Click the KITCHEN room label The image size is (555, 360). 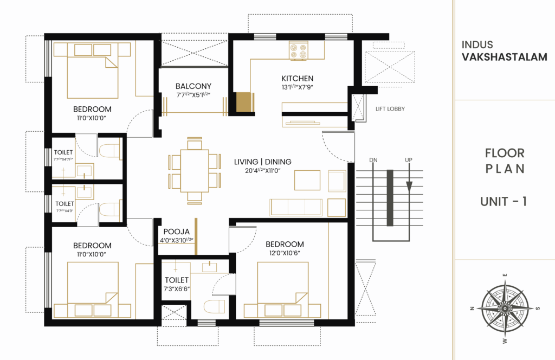point(297,78)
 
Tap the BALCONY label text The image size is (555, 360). point(193,86)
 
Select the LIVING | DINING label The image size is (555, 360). point(262,162)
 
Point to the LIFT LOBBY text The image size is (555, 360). point(390,109)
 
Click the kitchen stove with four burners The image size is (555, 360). point(298,50)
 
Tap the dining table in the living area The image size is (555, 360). point(195,170)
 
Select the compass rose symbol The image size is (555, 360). point(505,308)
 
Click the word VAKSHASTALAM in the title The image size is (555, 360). point(504,57)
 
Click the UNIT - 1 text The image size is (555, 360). point(504,202)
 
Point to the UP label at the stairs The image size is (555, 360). point(409,160)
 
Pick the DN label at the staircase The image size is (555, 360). point(373,160)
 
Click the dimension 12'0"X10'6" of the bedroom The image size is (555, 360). point(285,253)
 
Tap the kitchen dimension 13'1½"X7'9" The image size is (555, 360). point(297,87)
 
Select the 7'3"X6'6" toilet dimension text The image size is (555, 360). point(177,289)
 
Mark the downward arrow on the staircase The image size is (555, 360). point(409,186)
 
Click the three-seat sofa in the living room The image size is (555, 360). point(295,207)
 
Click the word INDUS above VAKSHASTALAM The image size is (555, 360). point(477,45)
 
